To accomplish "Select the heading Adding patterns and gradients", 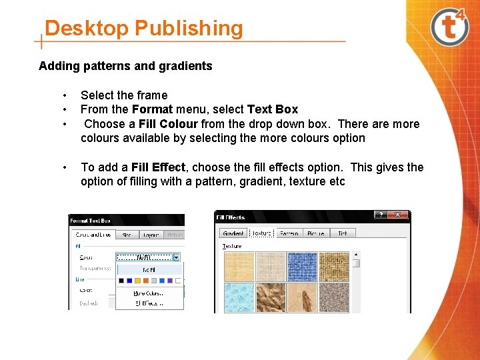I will coord(125,65).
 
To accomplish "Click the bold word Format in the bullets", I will coord(153,109).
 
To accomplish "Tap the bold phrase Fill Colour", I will coord(168,124).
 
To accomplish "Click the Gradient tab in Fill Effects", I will coord(233,233).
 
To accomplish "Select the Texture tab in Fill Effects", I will coord(261,233).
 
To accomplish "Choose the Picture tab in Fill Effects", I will coord(315,233).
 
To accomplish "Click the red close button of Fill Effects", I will coord(399,215).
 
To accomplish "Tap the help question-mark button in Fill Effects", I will coord(380,215).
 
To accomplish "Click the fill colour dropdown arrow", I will coord(177,257).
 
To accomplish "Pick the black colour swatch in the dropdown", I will coord(121,281).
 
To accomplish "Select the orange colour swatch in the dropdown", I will coord(145,281).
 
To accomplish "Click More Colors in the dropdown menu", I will coord(148,293).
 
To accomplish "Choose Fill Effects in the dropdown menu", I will coord(148,303).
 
